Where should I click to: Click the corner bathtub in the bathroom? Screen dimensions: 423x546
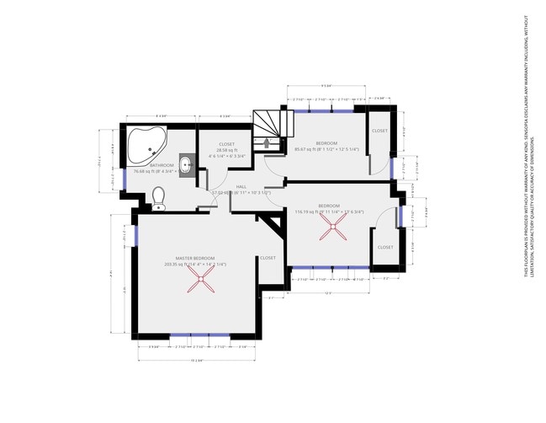coord(146,146)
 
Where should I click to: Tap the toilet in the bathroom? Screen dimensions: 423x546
coord(159,196)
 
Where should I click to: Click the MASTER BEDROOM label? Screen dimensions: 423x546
coord(195,258)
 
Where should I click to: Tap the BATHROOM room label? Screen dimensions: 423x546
coord(162,165)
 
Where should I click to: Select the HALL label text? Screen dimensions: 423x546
coord(241,186)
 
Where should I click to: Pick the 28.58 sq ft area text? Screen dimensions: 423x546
coord(226,150)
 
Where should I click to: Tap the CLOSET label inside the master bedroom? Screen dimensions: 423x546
coord(268,258)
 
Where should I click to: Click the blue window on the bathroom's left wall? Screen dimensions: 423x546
coord(125,179)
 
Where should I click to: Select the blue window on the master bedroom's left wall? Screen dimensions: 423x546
coord(135,238)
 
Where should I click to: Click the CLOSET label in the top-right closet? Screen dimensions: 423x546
coord(379,131)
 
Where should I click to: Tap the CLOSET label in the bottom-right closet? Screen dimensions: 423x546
coord(384,247)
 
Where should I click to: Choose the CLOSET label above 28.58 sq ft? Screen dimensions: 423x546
coord(226,144)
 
